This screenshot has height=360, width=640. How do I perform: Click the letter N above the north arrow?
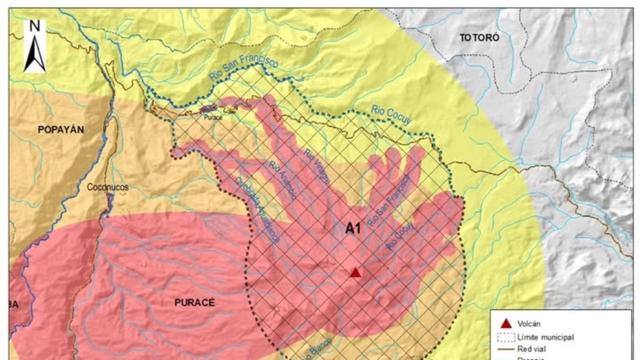pyautogui.click(x=35, y=26)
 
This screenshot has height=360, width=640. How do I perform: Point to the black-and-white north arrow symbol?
pyautogui.click(x=35, y=53)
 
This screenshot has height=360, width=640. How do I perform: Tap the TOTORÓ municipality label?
pyautogui.click(x=479, y=38)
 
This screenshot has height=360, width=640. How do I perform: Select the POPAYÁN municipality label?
pyautogui.click(x=61, y=130)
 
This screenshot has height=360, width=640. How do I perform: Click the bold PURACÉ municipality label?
pyautogui.click(x=194, y=302)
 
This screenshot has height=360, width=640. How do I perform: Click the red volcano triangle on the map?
pyautogui.click(x=355, y=273)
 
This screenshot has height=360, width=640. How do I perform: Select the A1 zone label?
pyautogui.click(x=353, y=229)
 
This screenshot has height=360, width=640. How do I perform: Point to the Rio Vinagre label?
pyautogui.click(x=317, y=166)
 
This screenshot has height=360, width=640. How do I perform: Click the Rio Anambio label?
pyautogui.click(x=283, y=181)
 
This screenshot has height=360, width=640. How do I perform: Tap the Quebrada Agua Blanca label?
pyautogui.click(x=257, y=210)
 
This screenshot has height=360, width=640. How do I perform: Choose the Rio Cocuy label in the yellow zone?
pyautogui.click(x=391, y=115)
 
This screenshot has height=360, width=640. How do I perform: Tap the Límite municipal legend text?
pyautogui.click(x=546, y=337)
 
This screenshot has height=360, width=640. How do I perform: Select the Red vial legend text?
pyautogui.click(x=531, y=348)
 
